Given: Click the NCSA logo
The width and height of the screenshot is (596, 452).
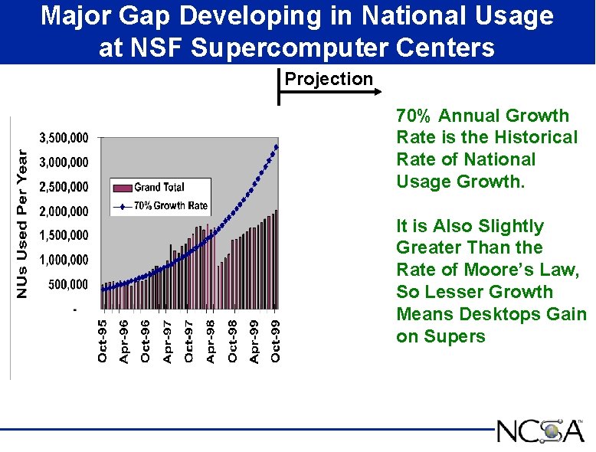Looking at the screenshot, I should [540, 431].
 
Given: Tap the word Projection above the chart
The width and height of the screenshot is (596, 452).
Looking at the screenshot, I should [329, 79].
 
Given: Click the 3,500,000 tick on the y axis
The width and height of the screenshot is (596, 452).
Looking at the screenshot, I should [64, 138].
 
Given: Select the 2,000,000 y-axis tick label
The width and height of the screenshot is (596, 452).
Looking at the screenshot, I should [64, 211].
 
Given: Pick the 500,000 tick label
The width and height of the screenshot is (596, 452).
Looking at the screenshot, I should [68, 284].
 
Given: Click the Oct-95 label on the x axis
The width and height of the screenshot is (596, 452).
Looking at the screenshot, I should [103, 341].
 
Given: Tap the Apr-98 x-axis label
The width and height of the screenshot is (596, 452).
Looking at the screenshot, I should [211, 341].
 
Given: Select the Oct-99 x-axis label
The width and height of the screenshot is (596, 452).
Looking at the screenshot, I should [276, 341].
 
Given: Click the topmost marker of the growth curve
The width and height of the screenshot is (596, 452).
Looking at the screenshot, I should [277, 146].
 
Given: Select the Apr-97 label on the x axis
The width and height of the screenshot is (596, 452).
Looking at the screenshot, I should [168, 341].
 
